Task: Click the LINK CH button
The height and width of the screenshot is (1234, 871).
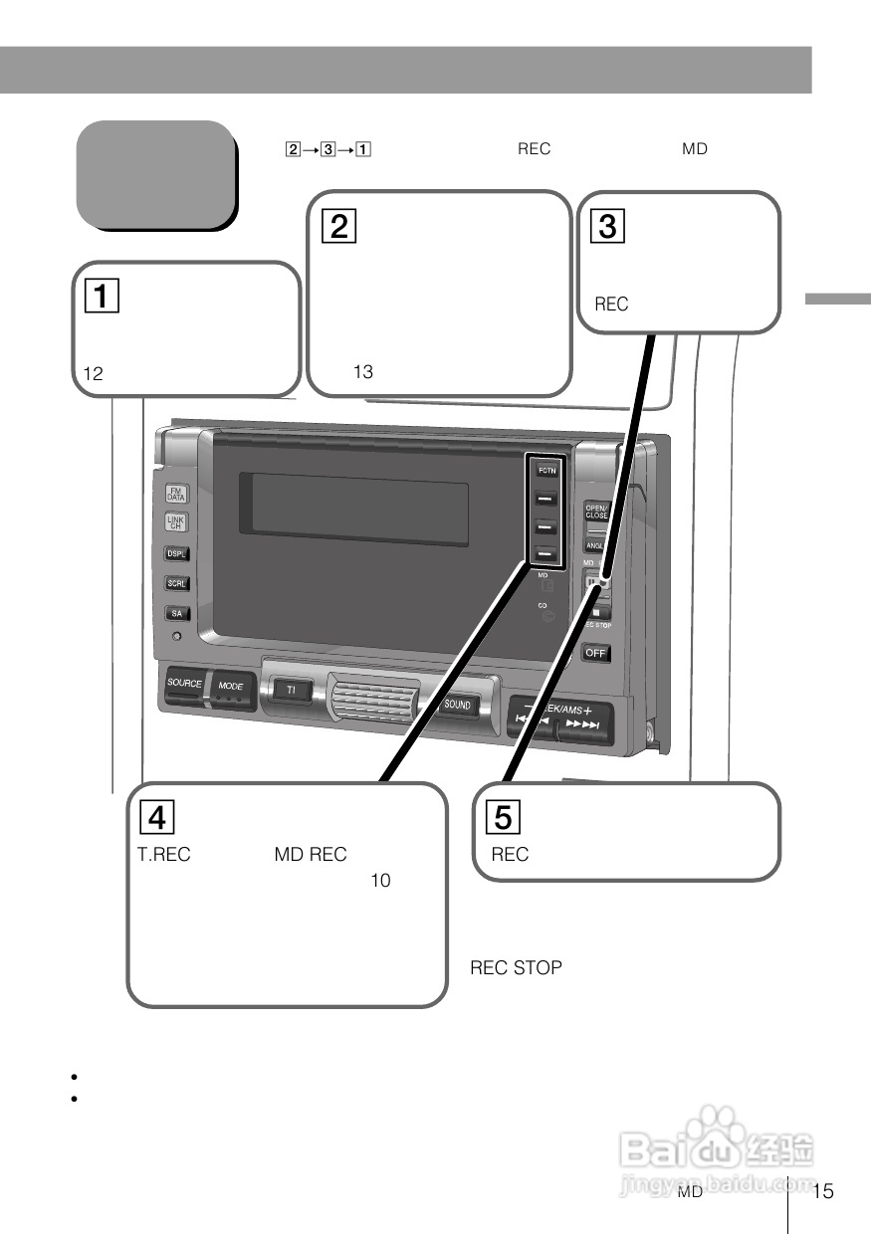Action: click(x=175, y=522)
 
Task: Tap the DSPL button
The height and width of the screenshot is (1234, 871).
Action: click(x=176, y=553)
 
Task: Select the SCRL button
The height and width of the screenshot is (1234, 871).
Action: click(x=176, y=584)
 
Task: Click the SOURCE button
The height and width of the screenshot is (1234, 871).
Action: click(x=184, y=685)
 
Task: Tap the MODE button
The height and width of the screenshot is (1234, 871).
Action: click(x=231, y=687)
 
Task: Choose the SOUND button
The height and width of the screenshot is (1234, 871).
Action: click(x=457, y=705)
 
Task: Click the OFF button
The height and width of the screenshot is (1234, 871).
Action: click(x=596, y=654)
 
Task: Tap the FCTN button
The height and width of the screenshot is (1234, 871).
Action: click(x=546, y=469)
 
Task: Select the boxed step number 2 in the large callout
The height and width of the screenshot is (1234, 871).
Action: click(x=339, y=227)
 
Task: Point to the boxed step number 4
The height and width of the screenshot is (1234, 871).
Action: click(x=156, y=817)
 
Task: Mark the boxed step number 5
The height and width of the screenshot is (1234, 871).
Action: click(x=504, y=817)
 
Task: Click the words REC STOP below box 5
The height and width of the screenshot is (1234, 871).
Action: click(x=516, y=967)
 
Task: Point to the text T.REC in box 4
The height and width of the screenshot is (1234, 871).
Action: click(x=163, y=855)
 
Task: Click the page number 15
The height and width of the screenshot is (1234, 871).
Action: click(x=823, y=1192)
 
